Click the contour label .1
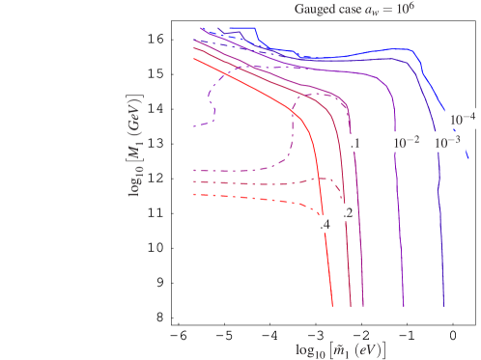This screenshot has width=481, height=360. coord(356,143)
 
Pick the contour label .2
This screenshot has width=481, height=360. coord(349,212)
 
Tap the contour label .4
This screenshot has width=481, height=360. coord(325,225)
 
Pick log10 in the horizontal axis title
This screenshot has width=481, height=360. coord(311,347)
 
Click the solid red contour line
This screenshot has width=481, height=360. coord(319,193)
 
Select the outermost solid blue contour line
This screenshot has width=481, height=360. coord(439,193)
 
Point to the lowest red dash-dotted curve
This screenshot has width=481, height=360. coord(251,200)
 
